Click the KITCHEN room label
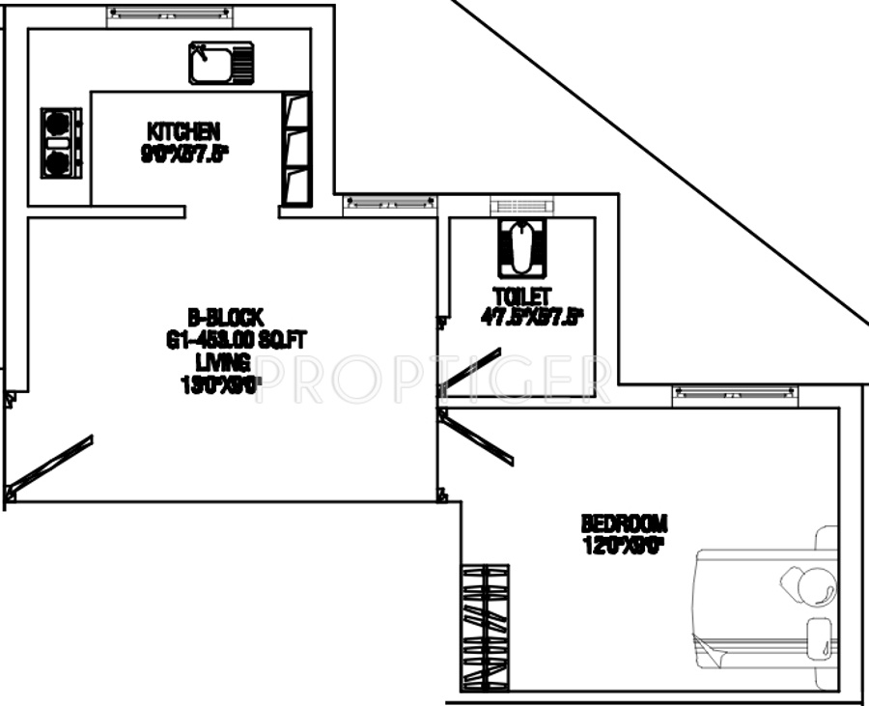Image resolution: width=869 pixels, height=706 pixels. pyautogui.click(x=182, y=130)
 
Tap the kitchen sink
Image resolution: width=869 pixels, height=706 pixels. pyautogui.click(x=221, y=63)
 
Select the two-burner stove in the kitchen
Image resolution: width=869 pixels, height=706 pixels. pyautogui.click(x=60, y=143)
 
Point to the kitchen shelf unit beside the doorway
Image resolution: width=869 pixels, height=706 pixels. pyautogui.click(x=295, y=149)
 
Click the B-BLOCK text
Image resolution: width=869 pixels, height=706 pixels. pyautogui.click(x=225, y=316)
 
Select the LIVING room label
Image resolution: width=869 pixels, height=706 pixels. pyautogui.click(x=223, y=362)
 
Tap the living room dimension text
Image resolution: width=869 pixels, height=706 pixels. pyautogui.click(x=221, y=383)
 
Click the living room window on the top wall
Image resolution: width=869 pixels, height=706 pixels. pyautogui.click(x=389, y=202)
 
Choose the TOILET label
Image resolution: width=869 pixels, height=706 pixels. pyautogui.click(x=520, y=297)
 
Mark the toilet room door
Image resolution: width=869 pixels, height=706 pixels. pyautogui.click(x=471, y=367)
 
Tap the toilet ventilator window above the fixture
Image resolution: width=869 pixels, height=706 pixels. pyautogui.click(x=521, y=205)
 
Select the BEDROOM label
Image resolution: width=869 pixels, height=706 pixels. pyautogui.click(x=624, y=523)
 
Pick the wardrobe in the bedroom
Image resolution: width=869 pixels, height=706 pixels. pyautogui.click(x=485, y=627)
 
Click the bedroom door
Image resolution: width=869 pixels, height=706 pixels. pyautogui.click(x=478, y=436)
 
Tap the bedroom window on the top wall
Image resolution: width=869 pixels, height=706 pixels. pyautogui.click(x=735, y=392)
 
